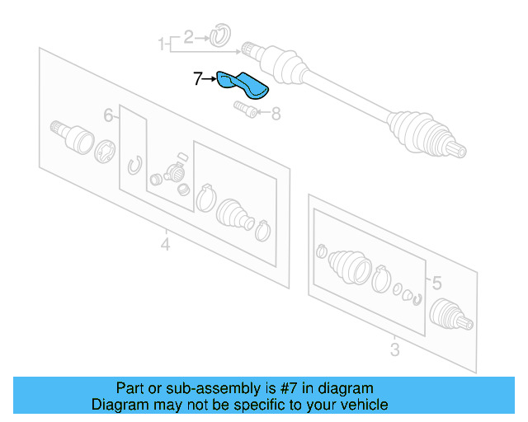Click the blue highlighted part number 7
tap(243, 85)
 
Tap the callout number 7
tap(198, 79)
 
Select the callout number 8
tap(276, 114)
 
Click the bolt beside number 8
tap(246, 110)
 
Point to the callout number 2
tap(189, 37)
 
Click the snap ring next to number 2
tap(220, 35)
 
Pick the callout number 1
tap(162, 44)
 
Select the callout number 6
tap(108, 115)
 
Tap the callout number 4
tap(165, 244)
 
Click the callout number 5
tap(436, 283)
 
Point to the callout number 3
tap(394, 349)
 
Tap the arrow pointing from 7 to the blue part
tap(210, 79)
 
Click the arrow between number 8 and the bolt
tap(264, 112)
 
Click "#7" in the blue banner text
tap(290, 388)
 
